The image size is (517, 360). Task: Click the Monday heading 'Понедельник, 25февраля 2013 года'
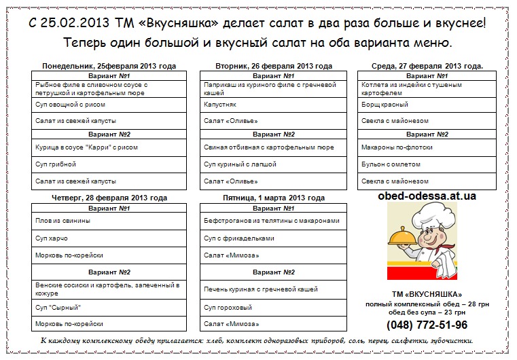[109, 66]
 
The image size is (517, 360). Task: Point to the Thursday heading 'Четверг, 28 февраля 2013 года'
[109, 198]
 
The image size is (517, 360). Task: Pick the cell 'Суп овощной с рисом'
[70, 105]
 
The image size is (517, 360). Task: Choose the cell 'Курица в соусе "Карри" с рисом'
[86, 147]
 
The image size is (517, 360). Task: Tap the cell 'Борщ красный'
[385, 105]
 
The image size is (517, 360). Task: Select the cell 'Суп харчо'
[52, 238]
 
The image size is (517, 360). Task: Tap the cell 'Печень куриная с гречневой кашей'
[261, 289]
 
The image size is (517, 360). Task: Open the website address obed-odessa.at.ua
[427, 196]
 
